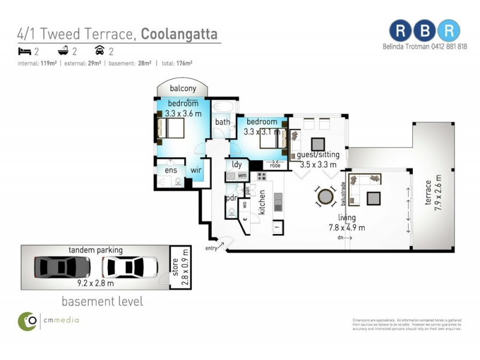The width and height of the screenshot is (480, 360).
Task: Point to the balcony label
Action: coord(182,88)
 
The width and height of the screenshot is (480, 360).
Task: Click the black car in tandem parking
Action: coord(62,266)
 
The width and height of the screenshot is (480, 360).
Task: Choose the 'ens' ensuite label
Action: coord(170,170)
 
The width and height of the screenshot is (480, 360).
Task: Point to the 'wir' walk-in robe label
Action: coord(196,170)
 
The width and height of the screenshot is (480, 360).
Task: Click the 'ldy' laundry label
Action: coord(237,164)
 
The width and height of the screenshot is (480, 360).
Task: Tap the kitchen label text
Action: coord(261,202)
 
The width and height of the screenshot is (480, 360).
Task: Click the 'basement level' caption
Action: coord(103,301)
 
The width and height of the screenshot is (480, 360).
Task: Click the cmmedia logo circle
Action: coord(27,321)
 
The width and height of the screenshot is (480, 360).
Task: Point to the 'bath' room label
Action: coord(222,122)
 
